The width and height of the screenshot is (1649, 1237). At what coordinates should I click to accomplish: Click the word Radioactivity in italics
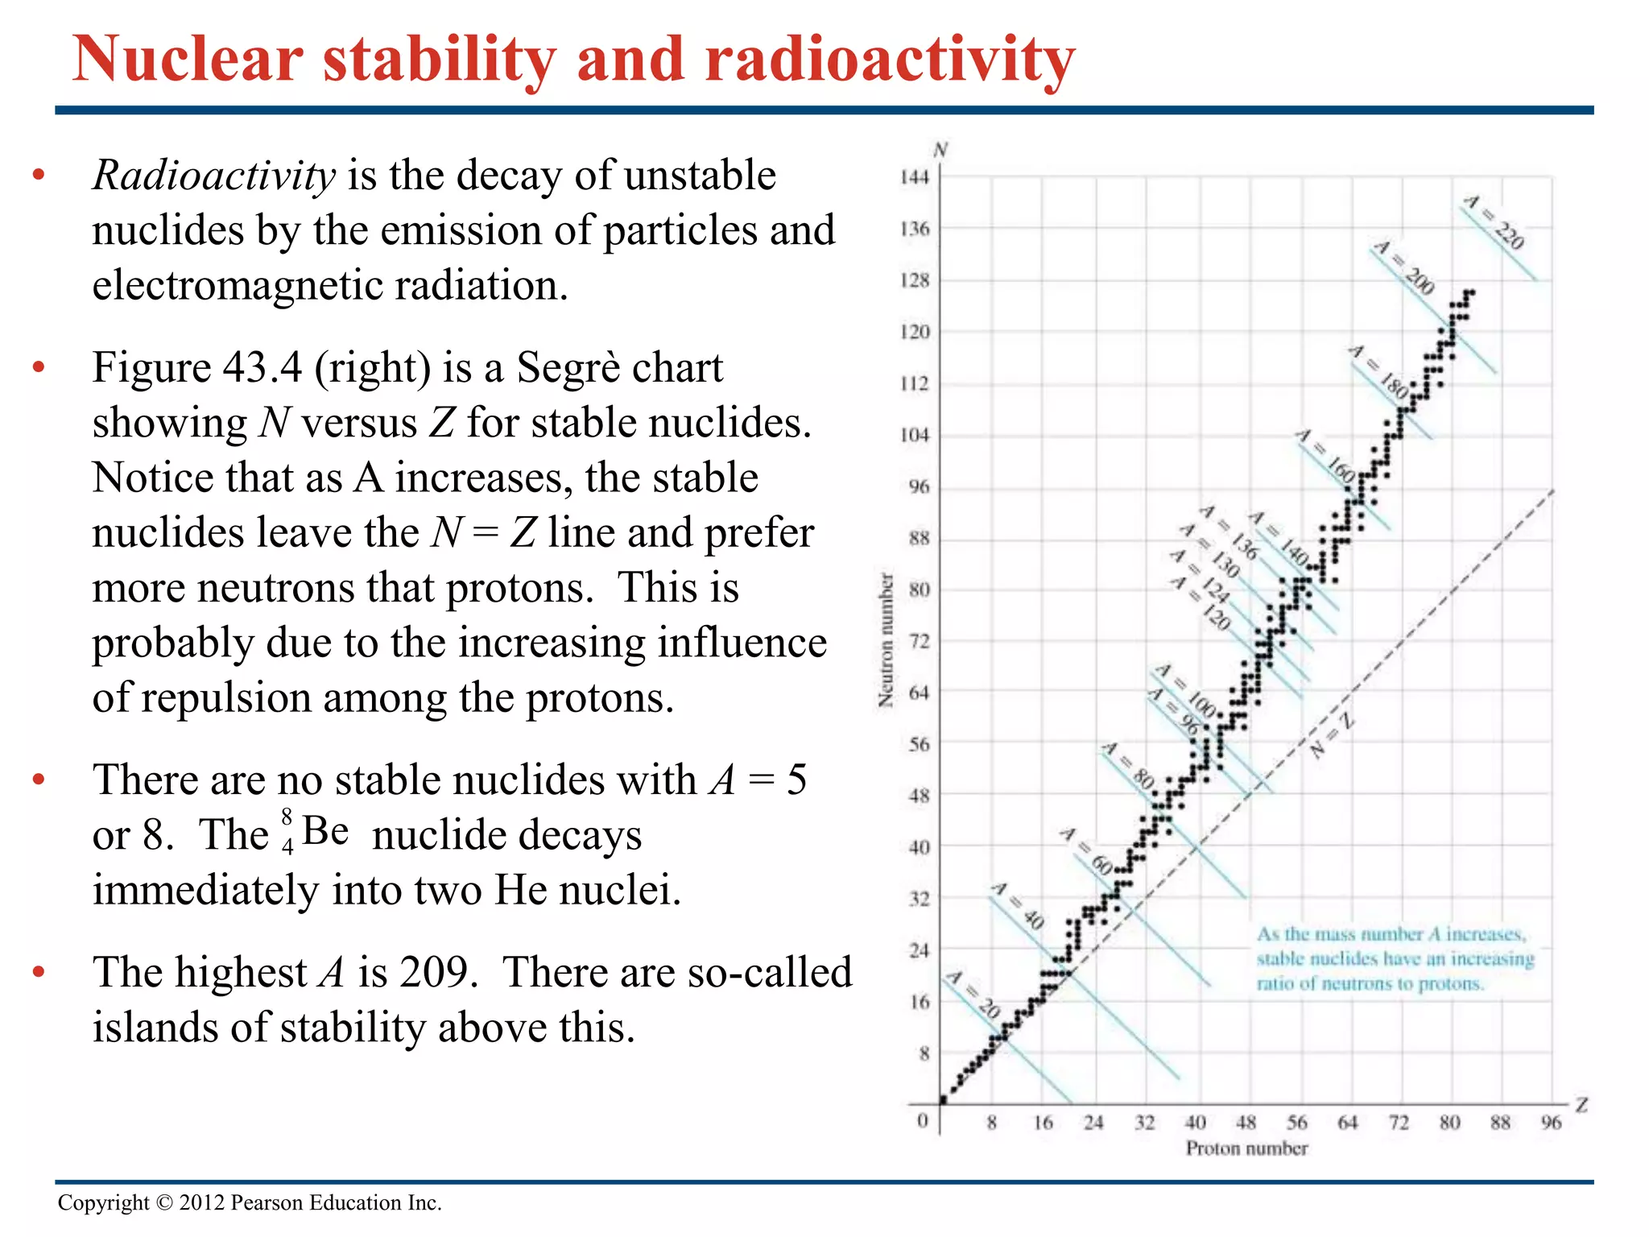point(213,176)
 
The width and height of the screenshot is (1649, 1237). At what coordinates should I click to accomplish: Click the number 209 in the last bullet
point(434,972)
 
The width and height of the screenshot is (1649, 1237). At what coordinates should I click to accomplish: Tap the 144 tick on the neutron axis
point(915,177)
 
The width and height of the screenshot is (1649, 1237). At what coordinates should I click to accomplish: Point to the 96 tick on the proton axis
point(1551,1122)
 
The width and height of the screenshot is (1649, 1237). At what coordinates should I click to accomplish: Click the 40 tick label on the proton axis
point(1195,1122)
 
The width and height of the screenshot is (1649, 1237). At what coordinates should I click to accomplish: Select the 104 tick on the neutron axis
point(915,435)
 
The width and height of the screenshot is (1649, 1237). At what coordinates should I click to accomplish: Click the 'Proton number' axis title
point(1246,1148)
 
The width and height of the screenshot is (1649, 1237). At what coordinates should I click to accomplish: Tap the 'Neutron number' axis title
point(886,640)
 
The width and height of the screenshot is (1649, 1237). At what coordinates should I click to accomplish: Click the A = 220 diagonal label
point(1494,222)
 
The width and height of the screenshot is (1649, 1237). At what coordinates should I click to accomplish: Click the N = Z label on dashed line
point(1332,734)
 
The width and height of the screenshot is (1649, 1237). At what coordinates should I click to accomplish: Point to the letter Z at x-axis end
point(1581,1105)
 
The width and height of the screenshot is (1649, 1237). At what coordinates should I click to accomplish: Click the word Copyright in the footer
point(103,1202)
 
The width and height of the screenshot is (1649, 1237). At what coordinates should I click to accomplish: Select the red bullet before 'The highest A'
point(38,972)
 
